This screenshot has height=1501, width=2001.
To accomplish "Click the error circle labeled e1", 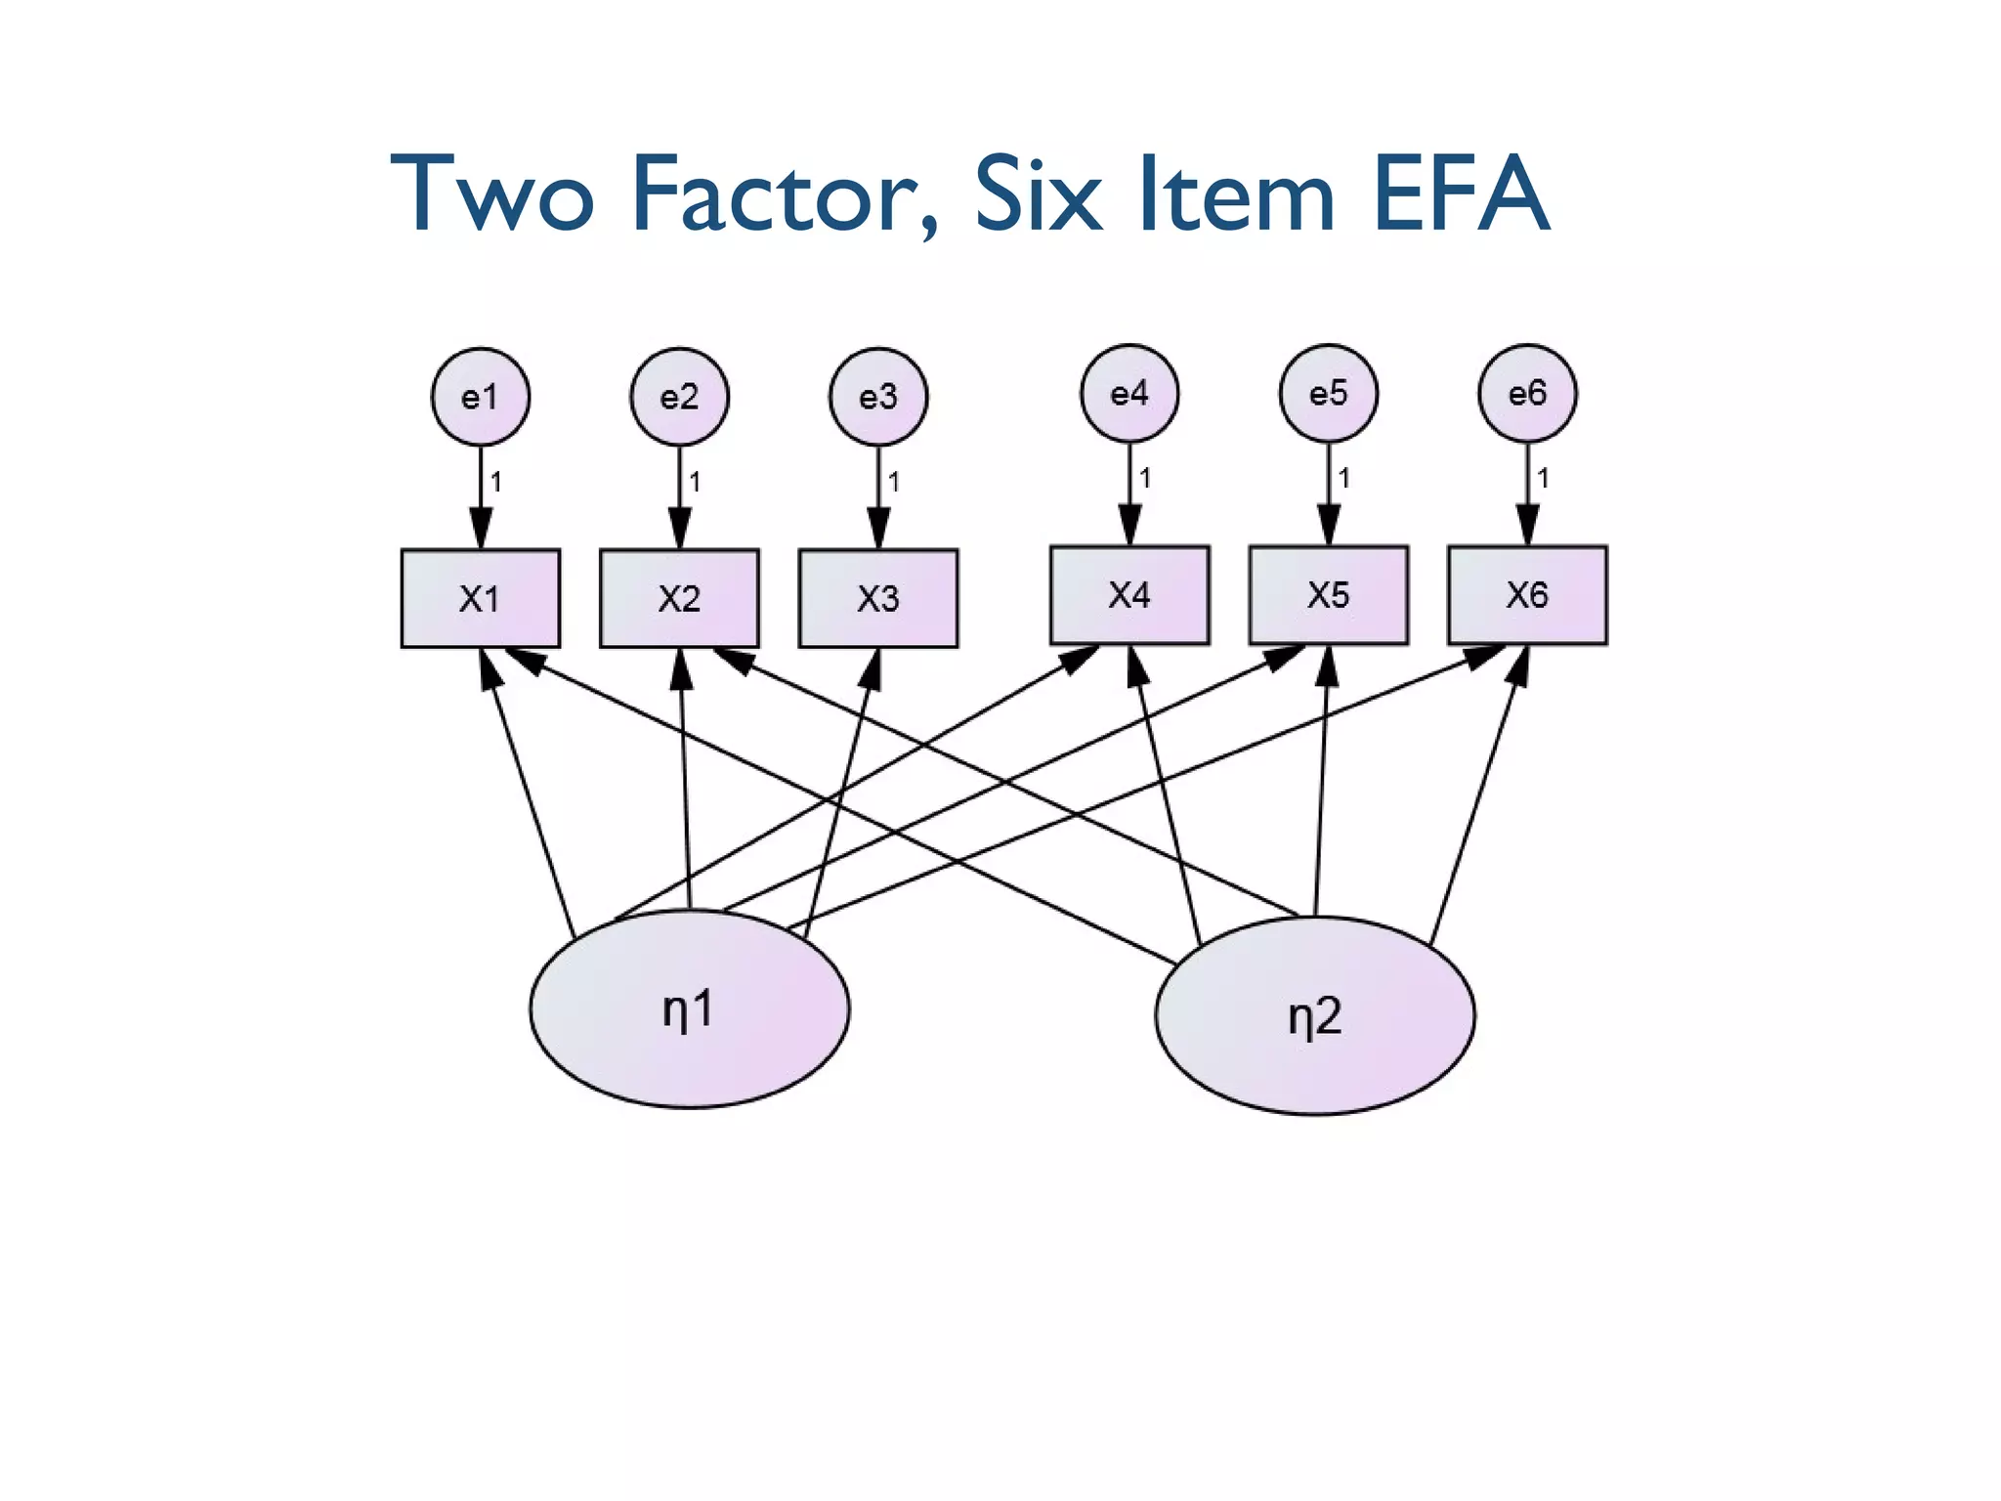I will point(480,397).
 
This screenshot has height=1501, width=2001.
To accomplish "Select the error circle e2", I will point(679,397).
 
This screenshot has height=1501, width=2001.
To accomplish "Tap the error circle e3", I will point(878,397).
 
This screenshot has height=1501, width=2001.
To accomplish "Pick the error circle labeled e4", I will point(1129,393).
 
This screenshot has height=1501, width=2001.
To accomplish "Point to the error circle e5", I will point(1329,393).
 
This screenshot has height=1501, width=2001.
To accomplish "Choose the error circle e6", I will point(1527,393).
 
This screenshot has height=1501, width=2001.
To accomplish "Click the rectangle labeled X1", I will point(480,598).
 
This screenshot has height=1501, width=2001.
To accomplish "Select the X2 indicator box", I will point(679,598).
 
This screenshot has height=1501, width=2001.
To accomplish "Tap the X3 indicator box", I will point(878,598).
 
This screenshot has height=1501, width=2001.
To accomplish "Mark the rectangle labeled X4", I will point(1129,594).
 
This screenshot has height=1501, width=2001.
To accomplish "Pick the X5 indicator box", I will point(1329,594).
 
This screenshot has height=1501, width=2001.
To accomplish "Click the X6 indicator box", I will point(1527,594).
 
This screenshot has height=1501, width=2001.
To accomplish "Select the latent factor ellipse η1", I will point(689,1008).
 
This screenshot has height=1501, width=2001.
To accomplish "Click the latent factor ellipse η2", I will point(1315,1015).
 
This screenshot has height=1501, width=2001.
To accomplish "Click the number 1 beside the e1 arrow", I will point(496,482).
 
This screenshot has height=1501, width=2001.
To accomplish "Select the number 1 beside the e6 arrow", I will point(1543,478).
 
